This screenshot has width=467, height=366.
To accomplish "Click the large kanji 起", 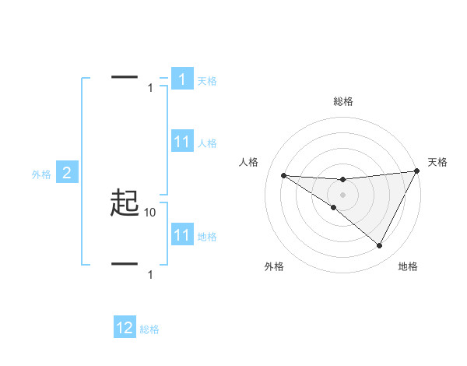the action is pyautogui.click(x=125, y=204).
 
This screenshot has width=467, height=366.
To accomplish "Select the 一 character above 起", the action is pyautogui.click(x=125, y=77).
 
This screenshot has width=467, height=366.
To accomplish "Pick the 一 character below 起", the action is pyautogui.click(x=125, y=264).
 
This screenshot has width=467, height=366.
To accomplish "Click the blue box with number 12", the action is pyautogui.click(x=125, y=328).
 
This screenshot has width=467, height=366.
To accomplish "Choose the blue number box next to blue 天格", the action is pyautogui.click(x=181, y=79).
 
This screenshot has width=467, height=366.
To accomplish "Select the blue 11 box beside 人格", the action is pyautogui.click(x=181, y=142).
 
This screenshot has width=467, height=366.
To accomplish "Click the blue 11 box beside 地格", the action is pyautogui.click(x=181, y=235).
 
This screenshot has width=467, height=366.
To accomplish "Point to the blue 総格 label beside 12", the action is pyautogui.click(x=149, y=329).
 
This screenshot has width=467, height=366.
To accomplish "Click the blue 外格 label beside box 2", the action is pyautogui.click(x=41, y=174).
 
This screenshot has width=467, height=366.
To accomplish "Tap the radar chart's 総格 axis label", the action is pyautogui.click(x=342, y=101).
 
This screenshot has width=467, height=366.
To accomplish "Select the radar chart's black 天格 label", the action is pyautogui.click(x=437, y=162).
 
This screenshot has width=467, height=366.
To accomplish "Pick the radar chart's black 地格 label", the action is pyautogui.click(x=408, y=266).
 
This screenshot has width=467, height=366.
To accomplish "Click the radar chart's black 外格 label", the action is pyautogui.click(x=274, y=266).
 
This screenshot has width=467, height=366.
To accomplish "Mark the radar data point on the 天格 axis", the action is pyautogui.click(x=417, y=171).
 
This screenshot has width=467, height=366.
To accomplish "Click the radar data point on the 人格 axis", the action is pyautogui.click(x=283, y=175).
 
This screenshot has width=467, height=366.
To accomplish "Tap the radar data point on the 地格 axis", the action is pyautogui.click(x=380, y=246).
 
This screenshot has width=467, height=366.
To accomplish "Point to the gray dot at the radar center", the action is pyautogui.click(x=342, y=194).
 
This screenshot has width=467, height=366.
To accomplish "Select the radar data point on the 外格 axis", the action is pyautogui.click(x=334, y=207).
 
